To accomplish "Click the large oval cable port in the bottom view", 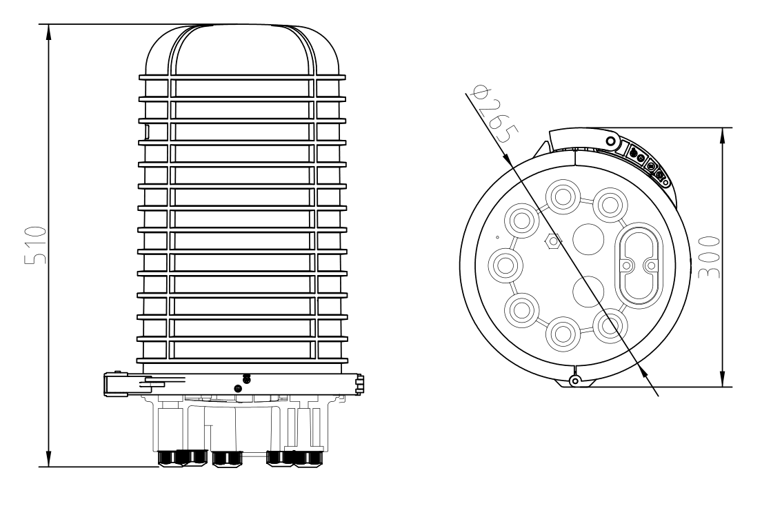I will [638, 265].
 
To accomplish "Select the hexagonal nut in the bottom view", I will [552, 242].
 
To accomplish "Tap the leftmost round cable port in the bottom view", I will [505, 265].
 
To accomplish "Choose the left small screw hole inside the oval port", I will [627, 265].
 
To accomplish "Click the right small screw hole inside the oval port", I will [649, 265].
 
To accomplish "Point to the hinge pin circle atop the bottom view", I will [611, 141].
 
